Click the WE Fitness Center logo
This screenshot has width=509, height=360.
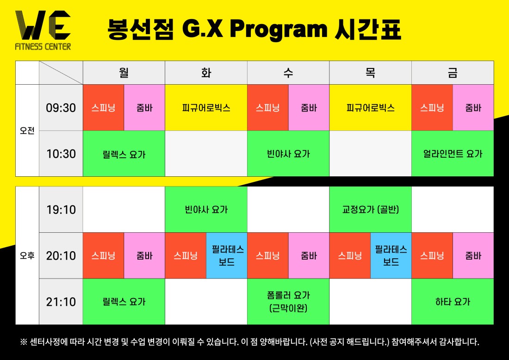pyautogui.click(x=43, y=30)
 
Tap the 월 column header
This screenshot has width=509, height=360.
pyautogui.click(x=124, y=72)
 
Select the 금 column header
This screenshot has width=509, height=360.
pyautogui.click(x=453, y=72)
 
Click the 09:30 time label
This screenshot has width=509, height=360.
pyautogui.click(x=61, y=108)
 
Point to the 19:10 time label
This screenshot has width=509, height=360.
pyautogui.click(x=61, y=210)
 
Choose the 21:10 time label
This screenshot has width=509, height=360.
pyautogui.click(x=61, y=302)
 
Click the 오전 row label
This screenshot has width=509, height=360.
pyautogui.click(x=27, y=130)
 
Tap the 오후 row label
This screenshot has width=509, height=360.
pyautogui.click(x=27, y=255)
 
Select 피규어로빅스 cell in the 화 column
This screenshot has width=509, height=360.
pyautogui.click(x=206, y=108)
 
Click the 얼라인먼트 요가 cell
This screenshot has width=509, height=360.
pyautogui.click(x=453, y=154)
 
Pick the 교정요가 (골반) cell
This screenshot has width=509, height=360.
pyautogui.click(x=370, y=209)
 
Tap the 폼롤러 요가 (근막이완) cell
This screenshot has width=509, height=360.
pyautogui.click(x=288, y=302)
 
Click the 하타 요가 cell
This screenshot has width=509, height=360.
pyautogui.click(x=453, y=302)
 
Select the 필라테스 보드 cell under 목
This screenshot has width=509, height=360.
pyautogui.click(x=391, y=255)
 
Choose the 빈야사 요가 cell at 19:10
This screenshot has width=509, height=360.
pyautogui.click(x=206, y=209)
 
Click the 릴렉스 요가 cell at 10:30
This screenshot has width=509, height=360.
pyautogui.click(x=124, y=154)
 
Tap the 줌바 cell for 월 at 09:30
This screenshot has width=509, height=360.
pyautogui.click(x=144, y=108)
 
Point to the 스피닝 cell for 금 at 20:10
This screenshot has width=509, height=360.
pyautogui.click(x=432, y=255)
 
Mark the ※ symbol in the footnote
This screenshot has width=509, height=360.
pyautogui.click(x=24, y=342)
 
